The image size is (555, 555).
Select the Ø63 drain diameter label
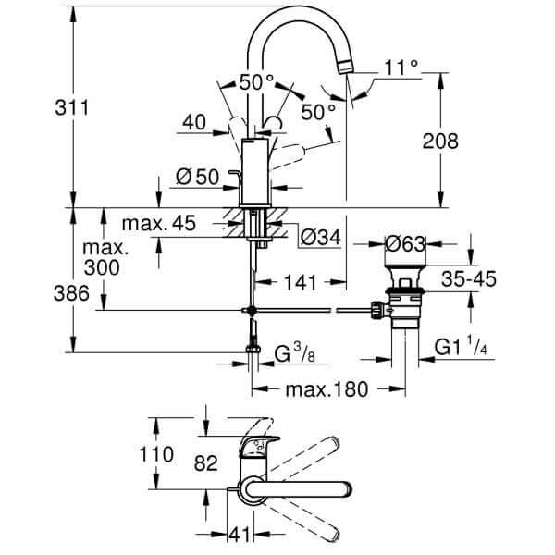coord(408,244)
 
